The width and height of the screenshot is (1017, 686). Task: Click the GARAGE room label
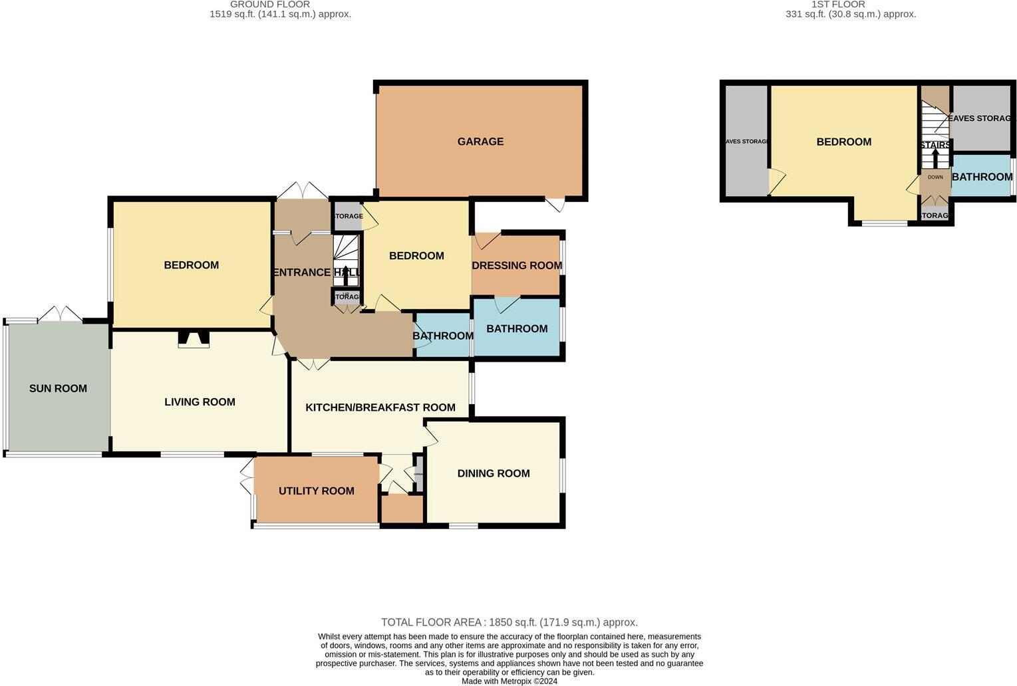480,142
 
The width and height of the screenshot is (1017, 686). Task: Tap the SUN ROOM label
58,389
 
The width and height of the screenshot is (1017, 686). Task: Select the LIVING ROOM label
200,402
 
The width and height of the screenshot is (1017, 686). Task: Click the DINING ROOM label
494,473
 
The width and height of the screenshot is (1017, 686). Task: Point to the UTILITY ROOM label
316,491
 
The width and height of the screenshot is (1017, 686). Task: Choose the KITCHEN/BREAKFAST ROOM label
380,407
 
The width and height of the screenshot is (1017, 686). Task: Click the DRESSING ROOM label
517,266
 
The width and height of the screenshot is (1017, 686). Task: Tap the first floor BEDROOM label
843,142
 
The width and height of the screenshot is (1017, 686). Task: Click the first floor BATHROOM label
982,177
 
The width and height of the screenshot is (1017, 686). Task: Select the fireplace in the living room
194,340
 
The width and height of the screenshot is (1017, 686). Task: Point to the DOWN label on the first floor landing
935,177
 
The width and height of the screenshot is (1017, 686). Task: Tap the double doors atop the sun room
60,314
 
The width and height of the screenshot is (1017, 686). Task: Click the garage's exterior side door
555,205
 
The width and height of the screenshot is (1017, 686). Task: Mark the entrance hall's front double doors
303,191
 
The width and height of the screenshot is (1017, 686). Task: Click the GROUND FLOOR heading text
269,5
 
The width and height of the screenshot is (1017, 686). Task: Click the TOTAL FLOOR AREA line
509,623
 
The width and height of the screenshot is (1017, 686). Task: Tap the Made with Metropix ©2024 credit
509,681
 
